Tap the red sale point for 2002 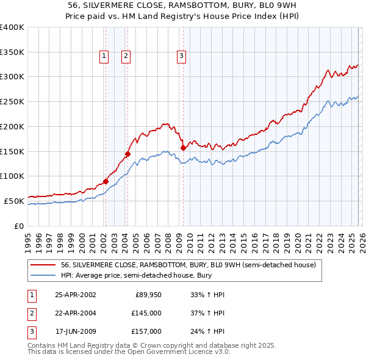tap(106, 181)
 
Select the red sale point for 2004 tap(127, 154)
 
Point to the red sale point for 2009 tap(183, 148)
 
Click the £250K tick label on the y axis tap(12, 102)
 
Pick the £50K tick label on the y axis tap(13, 201)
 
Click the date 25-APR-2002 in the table tap(75, 295)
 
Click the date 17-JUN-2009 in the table tap(75, 331)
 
